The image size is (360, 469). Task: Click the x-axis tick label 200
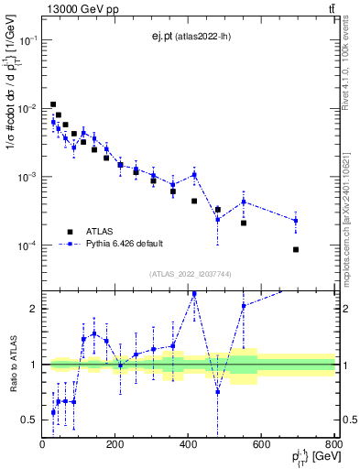point(115,445)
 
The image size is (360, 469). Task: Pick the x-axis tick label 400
point(189,445)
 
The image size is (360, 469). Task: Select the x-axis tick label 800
point(333,445)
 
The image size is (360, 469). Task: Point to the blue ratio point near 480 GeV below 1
point(218,392)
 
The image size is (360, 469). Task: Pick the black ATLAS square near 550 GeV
point(244,223)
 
